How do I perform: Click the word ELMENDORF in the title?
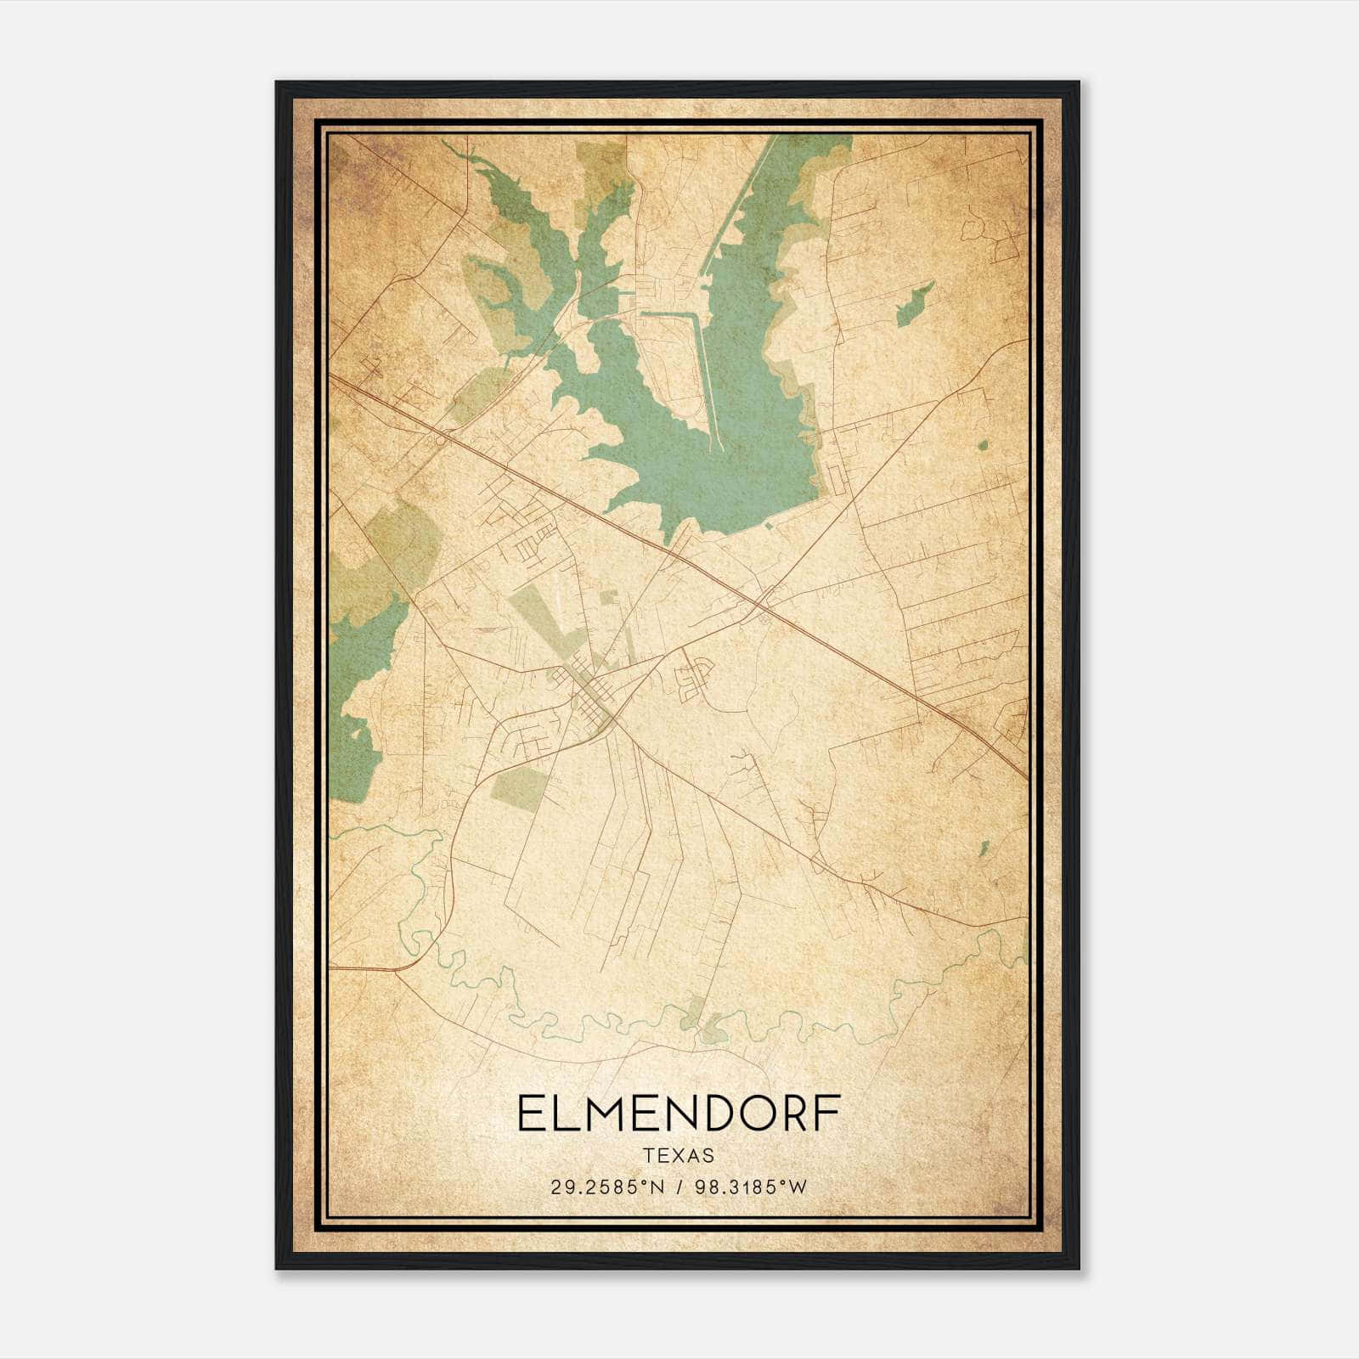(679, 1114)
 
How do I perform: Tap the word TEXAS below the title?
(679, 1156)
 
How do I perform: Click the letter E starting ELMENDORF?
(528, 1114)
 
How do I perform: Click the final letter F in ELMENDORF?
(827, 1114)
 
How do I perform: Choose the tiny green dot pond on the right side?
(983, 445)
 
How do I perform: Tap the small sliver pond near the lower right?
(984, 848)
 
